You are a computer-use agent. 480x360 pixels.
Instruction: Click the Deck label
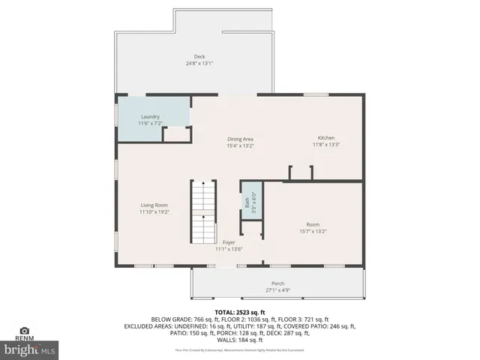199,56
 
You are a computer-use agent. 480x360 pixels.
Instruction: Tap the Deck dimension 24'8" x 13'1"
199,63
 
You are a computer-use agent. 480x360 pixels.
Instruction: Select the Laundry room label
151,117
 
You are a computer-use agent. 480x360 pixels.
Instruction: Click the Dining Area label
241,139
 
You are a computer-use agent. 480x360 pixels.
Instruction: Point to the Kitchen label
326,138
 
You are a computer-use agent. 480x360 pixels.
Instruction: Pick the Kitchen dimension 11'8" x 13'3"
326,145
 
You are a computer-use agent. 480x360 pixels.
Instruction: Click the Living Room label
154,205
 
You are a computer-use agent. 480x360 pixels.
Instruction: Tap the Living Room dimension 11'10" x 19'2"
154,212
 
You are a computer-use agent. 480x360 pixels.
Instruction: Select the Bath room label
246,202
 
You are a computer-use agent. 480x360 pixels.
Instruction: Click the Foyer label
229,242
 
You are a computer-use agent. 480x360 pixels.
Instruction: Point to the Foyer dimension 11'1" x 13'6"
229,249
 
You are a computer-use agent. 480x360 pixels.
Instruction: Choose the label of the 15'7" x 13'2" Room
313,224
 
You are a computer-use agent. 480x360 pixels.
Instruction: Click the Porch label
277,283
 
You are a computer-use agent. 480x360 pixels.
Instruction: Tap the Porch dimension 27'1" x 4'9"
277,290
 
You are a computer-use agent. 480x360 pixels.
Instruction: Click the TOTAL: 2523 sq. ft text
239,311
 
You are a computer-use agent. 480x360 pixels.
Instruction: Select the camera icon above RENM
25,331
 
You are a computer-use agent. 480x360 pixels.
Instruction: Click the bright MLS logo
30,349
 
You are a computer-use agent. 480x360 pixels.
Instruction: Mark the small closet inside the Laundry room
177,133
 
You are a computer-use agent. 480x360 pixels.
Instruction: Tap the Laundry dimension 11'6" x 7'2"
151,124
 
